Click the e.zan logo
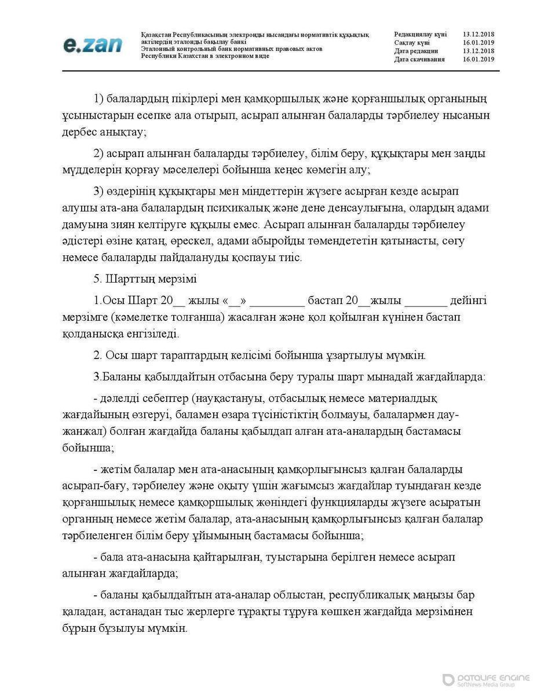[x=93, y=44]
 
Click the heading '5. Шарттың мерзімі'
[x=145, y=279]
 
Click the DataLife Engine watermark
[x=486, y=680]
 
